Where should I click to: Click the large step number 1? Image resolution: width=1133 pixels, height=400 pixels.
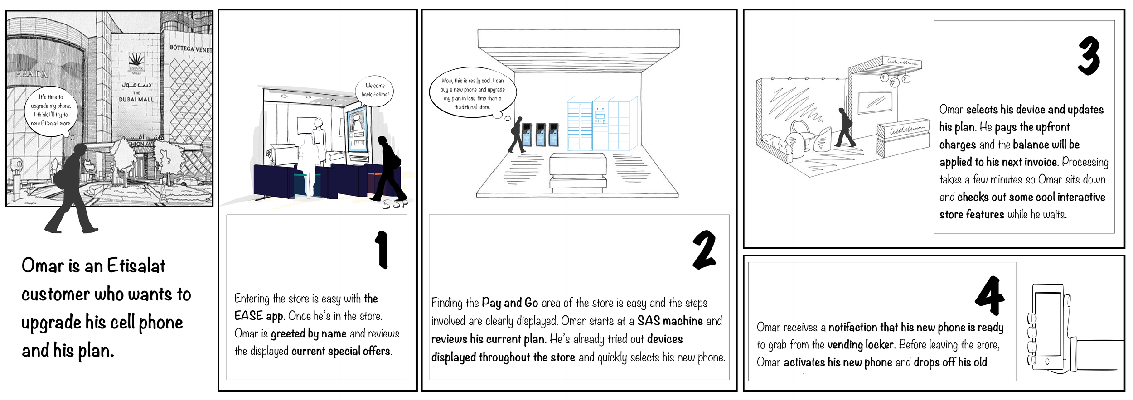pos(382,249)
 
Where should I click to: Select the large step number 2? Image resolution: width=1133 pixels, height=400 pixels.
pos(704,250)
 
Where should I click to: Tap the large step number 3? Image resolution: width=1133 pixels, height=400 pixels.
pos(1089,56)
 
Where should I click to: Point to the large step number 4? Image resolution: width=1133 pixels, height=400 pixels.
pos(990,295)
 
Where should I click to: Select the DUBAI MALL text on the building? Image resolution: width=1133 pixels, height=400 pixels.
pos(136,99)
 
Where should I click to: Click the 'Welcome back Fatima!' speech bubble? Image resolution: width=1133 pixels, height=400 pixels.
pos(375,91)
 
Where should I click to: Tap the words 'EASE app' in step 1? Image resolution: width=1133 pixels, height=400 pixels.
pos(259,316)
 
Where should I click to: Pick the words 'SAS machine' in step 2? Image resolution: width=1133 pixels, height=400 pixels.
pos(670,321)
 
